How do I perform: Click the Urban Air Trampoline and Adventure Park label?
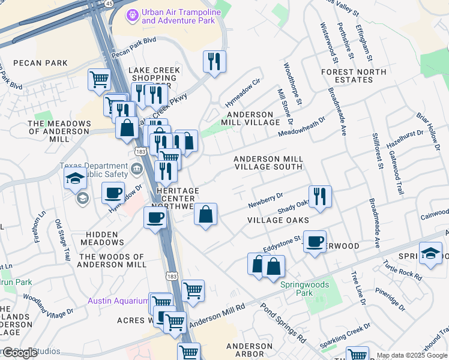pos(178,17)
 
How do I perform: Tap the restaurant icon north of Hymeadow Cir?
pos(213,61)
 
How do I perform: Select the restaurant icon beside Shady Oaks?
pos(320,196)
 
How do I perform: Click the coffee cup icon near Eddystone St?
pos(314,242)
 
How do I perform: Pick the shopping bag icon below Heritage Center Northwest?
pos(205,214)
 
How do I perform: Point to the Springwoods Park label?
pos(297,289)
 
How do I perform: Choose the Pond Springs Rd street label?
pos(283,323)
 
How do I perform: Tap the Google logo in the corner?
pos(20,352)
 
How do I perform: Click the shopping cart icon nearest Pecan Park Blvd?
pos(99,79)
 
